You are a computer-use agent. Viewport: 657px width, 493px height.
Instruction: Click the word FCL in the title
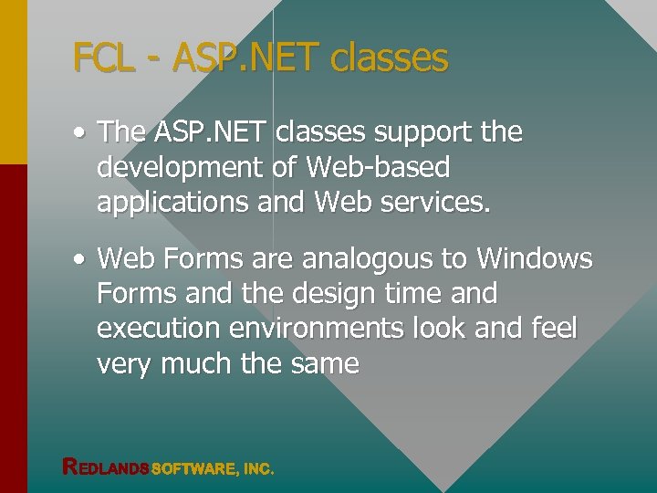pyautogui.click(x=103, y=58)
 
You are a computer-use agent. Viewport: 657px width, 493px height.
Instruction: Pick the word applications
pyautogui.click(x=172, y=203)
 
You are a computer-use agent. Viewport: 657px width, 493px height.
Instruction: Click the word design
pyautogui.click(x=328, y=294)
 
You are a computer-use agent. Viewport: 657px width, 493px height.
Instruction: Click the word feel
pyautogui.click(x=552, y=329)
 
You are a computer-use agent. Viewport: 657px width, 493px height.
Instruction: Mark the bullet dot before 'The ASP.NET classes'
pyautogui.click(x=81, y=133)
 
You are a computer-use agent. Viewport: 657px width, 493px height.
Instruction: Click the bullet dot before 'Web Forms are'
pyautogui.click(x=81, y=260)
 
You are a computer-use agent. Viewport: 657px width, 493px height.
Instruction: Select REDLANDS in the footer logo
pyautogui.click(x=105, y=467)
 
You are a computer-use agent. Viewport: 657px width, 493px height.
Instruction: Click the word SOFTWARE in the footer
pyautogui.click(x=193, y=468)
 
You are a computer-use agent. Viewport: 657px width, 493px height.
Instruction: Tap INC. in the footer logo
pyautogui.click(x=258, y=468)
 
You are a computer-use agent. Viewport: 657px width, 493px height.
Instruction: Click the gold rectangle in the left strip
pyautogui.click(x=13, y=82)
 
